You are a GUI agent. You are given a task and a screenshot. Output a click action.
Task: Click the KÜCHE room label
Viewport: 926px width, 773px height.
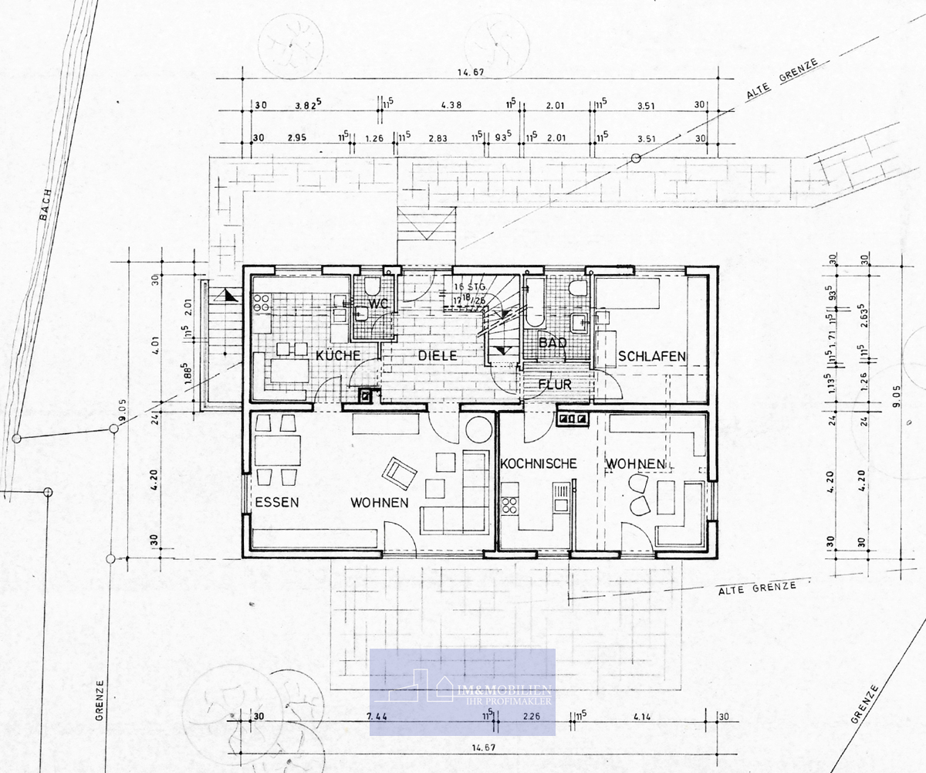(337, 356)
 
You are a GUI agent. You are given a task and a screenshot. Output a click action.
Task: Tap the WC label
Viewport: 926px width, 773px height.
(377, 303)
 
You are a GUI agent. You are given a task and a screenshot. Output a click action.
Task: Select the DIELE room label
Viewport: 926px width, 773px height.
(438, 356)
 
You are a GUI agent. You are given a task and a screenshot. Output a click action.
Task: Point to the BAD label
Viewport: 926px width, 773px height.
(553, 342)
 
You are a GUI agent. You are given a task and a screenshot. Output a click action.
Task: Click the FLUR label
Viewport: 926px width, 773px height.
(554, 385)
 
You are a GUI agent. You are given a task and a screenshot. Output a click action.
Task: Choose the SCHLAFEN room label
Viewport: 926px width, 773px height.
(652, 356)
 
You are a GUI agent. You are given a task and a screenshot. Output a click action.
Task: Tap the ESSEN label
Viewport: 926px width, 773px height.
(277, 502)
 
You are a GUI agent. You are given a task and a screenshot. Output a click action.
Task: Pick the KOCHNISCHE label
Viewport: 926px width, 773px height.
(539, 463)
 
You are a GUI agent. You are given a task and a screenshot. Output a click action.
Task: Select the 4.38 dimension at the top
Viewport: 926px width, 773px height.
(451, 105)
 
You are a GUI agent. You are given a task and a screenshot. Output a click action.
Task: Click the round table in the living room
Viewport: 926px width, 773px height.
(478, 428)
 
